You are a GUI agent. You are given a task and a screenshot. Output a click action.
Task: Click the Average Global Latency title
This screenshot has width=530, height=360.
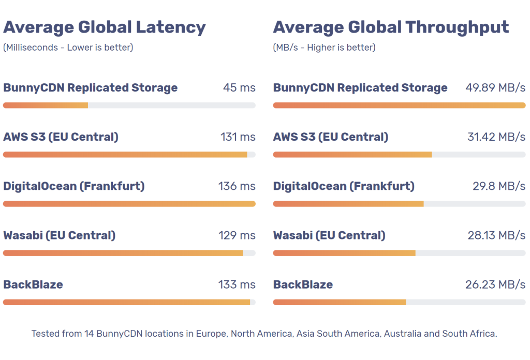[105, 27]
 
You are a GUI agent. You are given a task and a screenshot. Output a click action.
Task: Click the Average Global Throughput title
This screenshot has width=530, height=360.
[391, 27]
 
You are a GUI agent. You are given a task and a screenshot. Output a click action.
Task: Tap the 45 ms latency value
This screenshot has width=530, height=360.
[239, 87]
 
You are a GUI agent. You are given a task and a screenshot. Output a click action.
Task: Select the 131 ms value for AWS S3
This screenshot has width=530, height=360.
[238, 137]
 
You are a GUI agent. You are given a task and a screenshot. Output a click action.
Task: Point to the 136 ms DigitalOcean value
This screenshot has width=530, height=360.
[237, 186]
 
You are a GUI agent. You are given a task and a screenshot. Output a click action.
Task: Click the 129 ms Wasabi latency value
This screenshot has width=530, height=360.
[237, 235]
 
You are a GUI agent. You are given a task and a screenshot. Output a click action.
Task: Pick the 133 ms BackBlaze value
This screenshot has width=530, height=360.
[237, 284]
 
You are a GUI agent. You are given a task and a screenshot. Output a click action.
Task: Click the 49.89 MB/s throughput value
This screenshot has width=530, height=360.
[495, 87]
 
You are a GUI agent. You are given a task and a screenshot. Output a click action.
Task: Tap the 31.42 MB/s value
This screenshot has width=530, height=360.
[496, 137]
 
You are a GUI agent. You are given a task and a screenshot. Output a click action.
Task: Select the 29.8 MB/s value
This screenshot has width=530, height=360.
[499, 186]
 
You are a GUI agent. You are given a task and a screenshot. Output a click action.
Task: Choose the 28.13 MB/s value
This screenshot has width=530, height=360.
[496, 235]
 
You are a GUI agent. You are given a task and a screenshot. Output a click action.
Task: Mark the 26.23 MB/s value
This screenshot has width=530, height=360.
[495, 284]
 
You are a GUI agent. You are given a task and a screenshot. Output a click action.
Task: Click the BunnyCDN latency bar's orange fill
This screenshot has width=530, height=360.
[46, 106]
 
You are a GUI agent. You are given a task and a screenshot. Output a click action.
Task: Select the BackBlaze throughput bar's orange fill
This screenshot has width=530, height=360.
[339, 302]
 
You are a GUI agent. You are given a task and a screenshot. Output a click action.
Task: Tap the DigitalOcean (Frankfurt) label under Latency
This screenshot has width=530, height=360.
[74, 186]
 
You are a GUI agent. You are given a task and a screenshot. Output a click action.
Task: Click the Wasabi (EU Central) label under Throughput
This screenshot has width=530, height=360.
[329, 235]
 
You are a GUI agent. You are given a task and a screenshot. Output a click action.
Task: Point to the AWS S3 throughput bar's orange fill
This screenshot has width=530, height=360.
[352, 155]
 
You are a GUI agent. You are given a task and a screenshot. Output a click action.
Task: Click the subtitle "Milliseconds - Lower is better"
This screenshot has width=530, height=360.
[68, 48]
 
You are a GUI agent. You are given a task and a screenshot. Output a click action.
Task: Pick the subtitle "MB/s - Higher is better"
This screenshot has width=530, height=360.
[325, 48]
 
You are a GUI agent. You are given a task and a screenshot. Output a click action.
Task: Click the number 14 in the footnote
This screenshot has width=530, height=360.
[89, 334]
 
